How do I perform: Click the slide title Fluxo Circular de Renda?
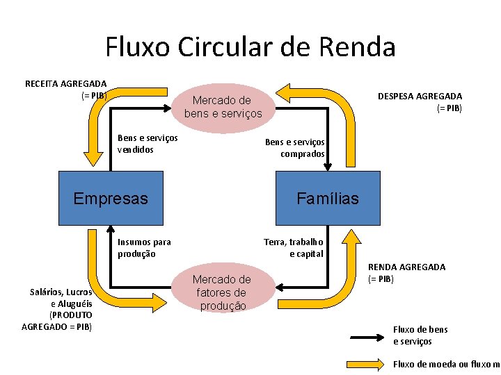(x=250, y=47)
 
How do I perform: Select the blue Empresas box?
(x=111, y=199)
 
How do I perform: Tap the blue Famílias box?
(x=328, y=199)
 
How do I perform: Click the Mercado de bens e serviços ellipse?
(x=223, y=106)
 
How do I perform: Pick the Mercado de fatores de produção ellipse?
(x=221, y=292)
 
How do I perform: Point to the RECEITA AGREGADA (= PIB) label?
(x=66, y=89)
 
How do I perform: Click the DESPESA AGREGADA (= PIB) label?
(x=420, y=102)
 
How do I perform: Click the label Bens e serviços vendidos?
(x=148, y=144)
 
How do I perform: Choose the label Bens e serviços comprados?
(x=294, y=148)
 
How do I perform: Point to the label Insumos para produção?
(x=144, y=248)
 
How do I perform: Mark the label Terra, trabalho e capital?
(x=294, y=248)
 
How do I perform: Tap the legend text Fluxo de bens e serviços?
(x=420, y=335)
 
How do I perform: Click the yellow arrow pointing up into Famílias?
(x=352, y=240)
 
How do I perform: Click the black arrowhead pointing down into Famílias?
(x=328, y=166)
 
